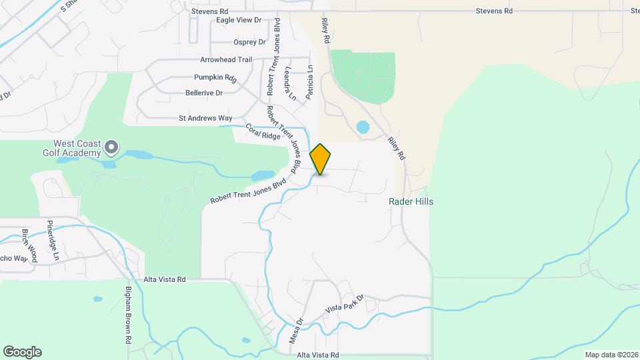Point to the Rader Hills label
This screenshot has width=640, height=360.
click(x=411, y=201)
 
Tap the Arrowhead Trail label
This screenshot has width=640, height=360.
click(x=227, y=59)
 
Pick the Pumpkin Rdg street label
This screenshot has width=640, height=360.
click(x=215, y=77)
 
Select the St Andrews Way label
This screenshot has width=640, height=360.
click(x=205, y=118)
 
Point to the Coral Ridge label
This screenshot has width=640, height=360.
click(x=263, y=131)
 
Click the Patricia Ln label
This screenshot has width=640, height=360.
click(x=309, y=82)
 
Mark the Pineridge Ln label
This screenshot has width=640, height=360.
click(x=53, y=240)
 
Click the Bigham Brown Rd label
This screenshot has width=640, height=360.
click(x=129, y=315)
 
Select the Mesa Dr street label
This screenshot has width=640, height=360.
click(x=296, y=330)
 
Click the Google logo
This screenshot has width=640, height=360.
click(x=22, y=352)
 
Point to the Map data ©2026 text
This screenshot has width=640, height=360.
click(x=611, y=355)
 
